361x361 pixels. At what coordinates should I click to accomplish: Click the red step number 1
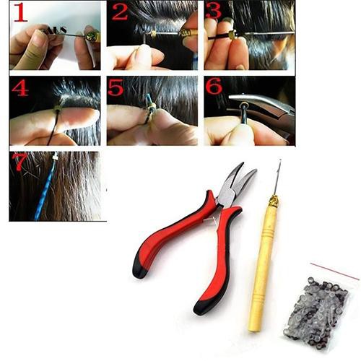pos(19,14)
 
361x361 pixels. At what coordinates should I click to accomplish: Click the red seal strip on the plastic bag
pos(340,273)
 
